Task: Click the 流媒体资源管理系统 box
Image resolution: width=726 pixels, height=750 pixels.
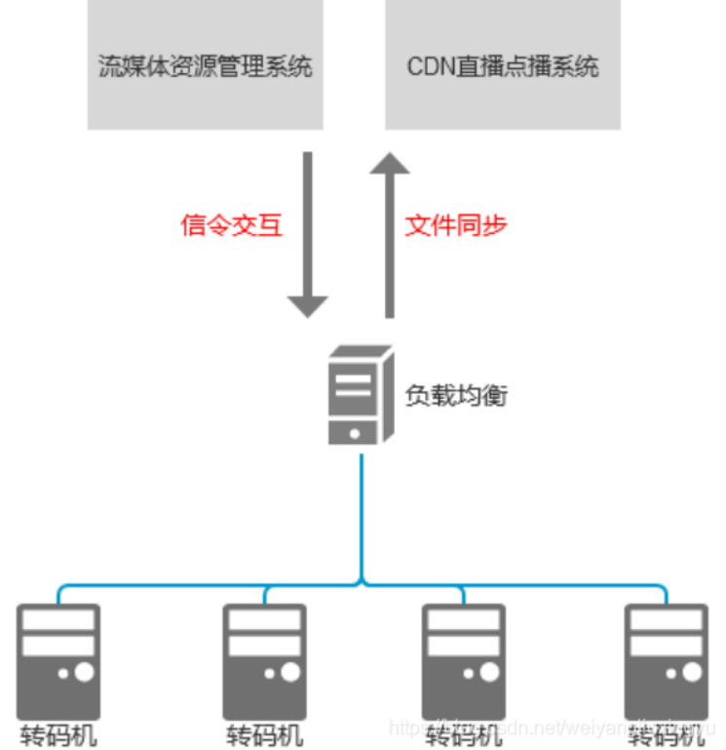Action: tap(205, 65)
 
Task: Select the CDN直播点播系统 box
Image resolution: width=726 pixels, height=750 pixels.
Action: tap(502, 65)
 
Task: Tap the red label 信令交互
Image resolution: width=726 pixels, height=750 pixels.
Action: tap(232, 226)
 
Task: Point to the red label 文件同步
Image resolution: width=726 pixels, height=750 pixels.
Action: tap(456, 226)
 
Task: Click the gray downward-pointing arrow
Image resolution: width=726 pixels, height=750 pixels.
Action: tap(308, 234)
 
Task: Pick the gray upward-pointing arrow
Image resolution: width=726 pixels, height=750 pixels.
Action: tap(390, 234)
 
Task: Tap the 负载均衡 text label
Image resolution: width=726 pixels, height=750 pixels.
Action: tap(456, 396)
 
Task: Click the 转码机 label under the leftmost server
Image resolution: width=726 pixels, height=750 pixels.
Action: tap(58, 734)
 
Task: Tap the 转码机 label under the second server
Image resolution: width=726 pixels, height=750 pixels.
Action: tap(264, 734)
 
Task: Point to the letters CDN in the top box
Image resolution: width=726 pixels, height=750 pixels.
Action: tap(429, 66)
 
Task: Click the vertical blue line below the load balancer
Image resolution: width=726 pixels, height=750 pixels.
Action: tap(362, 517)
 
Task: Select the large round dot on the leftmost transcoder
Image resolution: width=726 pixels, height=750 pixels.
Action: tap(84, 672)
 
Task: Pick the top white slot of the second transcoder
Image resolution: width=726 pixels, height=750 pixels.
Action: tap(264, 619)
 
